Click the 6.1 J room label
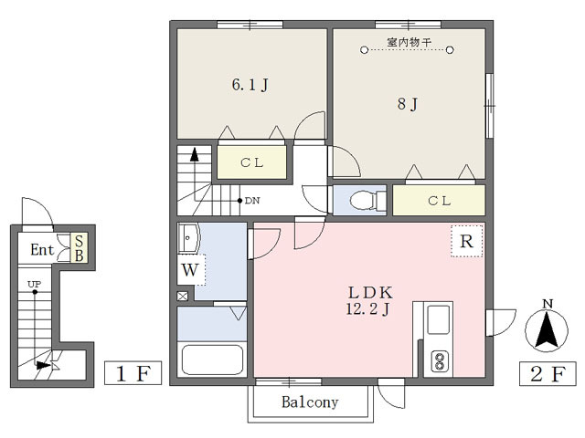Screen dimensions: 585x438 pos(250,85)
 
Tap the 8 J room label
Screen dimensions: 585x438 pos(408,103)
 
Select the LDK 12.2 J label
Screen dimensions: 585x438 pos(369,301)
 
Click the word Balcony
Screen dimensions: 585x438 pos(310,401)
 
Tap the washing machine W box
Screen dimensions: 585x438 pos(191,270)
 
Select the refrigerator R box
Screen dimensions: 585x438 pos(466,241)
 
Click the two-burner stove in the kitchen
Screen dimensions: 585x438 pos(440,361)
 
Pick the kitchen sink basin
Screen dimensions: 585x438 pos(438,319)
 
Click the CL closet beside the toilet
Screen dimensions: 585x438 pos(439,201)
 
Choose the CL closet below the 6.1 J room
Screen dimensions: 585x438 pos(252,162)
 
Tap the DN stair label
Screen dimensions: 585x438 pos(252,201)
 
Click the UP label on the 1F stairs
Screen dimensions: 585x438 pos(34,284)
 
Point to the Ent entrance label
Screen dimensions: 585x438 pos(42,249)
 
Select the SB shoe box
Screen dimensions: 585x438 pos(80,248)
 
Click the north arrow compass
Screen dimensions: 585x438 pos(547,327)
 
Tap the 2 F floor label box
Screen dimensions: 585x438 pos(548,373)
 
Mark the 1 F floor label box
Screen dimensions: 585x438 pos(133,373)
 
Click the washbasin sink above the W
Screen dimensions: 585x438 pos(189,238)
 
